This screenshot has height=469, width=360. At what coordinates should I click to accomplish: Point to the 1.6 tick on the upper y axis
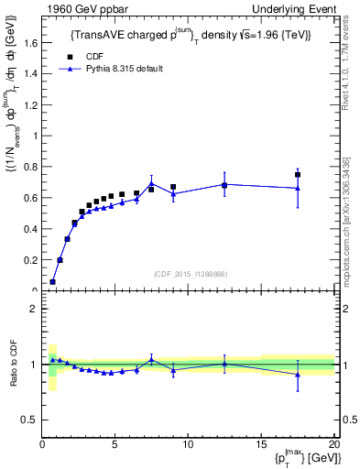pyautogui.click(x=29, y=43)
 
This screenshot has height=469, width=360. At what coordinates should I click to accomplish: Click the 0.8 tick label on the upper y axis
pyautogui.click(x=29, y=167)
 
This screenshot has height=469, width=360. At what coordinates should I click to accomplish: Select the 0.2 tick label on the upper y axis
pyautogui.click(x=29, y=259)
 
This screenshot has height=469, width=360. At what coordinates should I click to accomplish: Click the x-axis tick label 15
pyautogui.click(x=262, y=445)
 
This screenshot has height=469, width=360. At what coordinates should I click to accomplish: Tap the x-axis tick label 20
pyautogui.click(x=333, y=445)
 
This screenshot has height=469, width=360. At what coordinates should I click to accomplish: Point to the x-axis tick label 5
pyautogui.click(x=115, y=445)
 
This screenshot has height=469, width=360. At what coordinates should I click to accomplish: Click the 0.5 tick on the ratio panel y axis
pyautogui.click(x=29, y=420)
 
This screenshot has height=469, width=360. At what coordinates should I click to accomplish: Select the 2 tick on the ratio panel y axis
pyautogui.click(x=33, y=309)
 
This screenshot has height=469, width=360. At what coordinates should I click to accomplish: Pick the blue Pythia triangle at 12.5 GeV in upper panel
pyautogui.click(x=225, y=184)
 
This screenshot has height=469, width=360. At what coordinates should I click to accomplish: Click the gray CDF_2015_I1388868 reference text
pyautogui.click(x=190, y=274)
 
